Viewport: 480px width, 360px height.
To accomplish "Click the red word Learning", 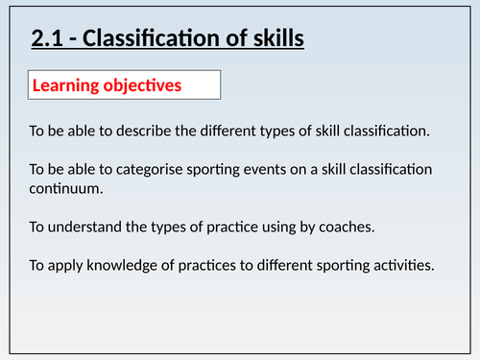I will pyautogui.click(x=67, y=85).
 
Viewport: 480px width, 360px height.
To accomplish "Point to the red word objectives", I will pyautogui.click(x=144, y=85).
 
